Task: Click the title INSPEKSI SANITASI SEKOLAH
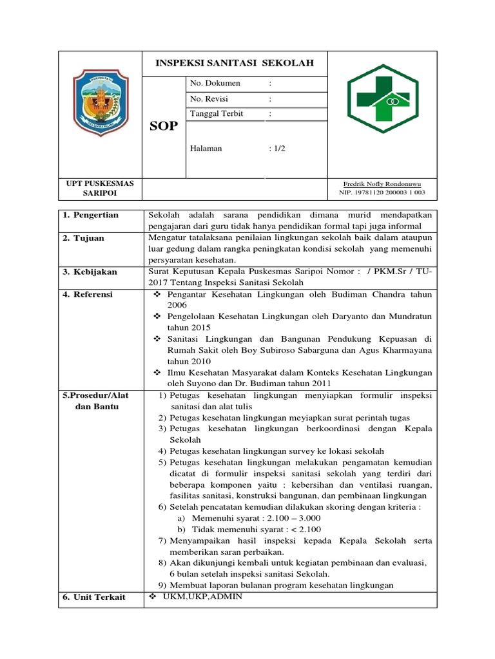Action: tap(235, 63)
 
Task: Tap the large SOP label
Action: tap(163, 126)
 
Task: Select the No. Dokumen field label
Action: tap(215, 83)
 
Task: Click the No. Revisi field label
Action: tap(209, 99)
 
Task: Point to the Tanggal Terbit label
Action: tap(217, 114)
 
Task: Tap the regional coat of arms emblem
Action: tap(100, 104)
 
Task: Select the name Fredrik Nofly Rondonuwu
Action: tap(382, 183)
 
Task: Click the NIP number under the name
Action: tap(382, 192)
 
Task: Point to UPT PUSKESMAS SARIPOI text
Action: tap(100, 188)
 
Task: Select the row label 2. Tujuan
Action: tap(83, 238)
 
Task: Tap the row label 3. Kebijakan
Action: tap(90, 272)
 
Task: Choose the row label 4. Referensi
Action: tap(88, 294)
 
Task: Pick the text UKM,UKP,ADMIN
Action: tap(202, 597)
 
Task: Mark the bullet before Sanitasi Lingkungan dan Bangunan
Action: tap(157, 339)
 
